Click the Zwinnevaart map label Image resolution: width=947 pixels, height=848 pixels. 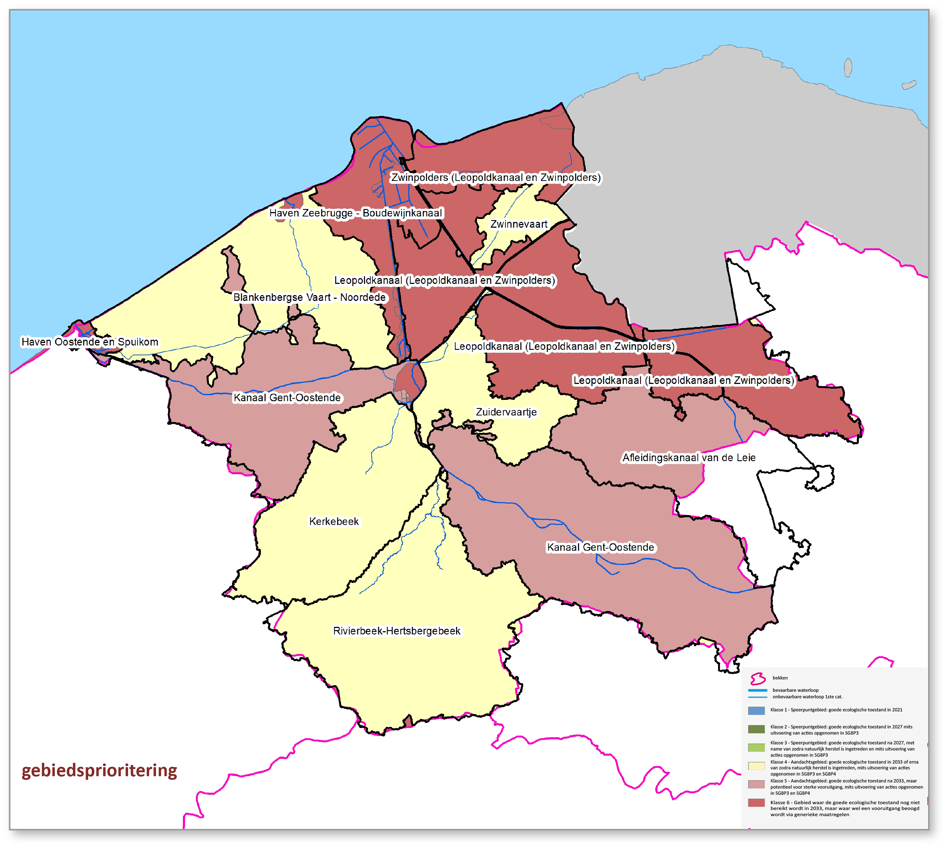(518, 224)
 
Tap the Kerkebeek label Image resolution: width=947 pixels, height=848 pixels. (334, 521)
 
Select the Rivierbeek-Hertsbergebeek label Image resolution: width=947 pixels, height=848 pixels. (396, 631)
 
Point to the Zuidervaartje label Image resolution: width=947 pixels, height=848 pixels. (506, 412)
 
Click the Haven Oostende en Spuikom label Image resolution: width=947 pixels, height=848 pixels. (90, 342)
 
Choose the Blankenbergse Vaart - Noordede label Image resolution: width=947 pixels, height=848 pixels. (309, 297)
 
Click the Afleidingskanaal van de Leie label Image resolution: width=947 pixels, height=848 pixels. (689, 458)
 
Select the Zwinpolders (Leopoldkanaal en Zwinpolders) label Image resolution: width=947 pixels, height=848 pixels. (496, 178)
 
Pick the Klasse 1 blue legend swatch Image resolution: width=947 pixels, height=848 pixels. (756, 711)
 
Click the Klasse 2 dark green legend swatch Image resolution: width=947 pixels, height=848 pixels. (756, 729)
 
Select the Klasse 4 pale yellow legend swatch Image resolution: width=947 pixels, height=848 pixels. (756, 766)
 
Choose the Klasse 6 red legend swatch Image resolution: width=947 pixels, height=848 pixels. (756, 803)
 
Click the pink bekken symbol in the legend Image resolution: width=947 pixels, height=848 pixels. (758, 678)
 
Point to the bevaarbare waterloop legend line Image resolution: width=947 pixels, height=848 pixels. (757, 690)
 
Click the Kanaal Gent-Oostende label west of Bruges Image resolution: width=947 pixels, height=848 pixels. (287, 397)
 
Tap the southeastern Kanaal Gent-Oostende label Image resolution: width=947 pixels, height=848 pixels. (600, 547)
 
